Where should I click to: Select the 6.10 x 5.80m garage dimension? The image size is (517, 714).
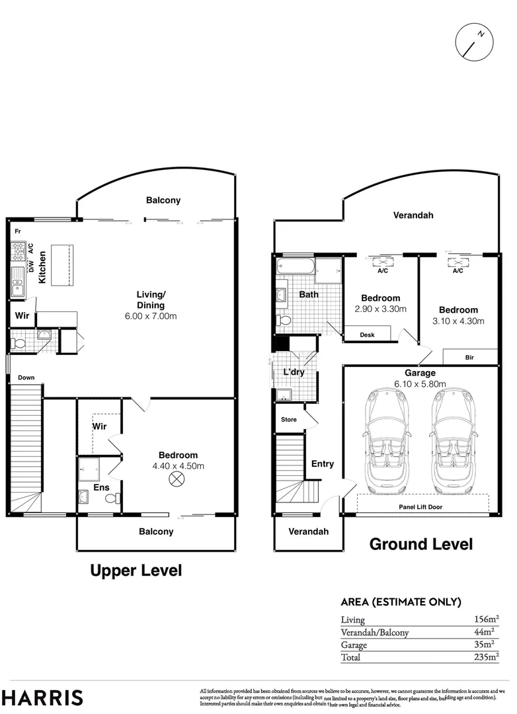coord(420,384)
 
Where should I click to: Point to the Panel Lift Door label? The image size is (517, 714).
coord(420,507)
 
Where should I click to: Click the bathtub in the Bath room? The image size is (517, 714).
coord(295,268)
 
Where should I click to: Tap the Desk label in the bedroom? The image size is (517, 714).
coord(367,335)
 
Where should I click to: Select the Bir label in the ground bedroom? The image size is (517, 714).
coord(469,357)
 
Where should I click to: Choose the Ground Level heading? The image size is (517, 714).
coord(420,544)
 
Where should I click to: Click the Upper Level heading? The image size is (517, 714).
coord(136,571)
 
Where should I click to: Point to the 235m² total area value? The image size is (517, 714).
coord(485,657)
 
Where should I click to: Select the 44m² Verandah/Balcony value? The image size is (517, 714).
coord(486,632)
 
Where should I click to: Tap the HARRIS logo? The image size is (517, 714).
coord(42,697)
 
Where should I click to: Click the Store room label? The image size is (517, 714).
coord(289,420)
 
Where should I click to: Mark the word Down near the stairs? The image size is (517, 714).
coord(26,378)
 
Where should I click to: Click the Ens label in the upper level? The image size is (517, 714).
coord(100,488)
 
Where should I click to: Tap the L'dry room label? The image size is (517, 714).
coord(294,373)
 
